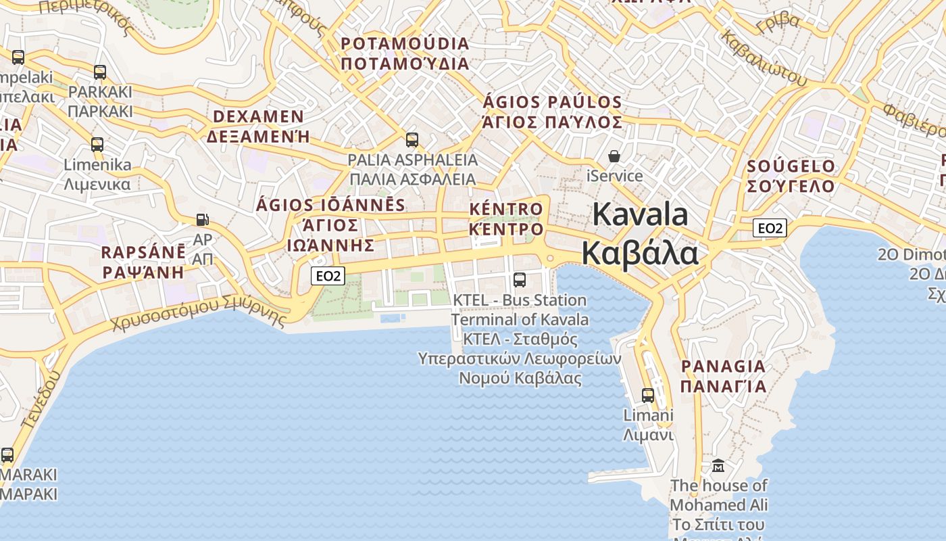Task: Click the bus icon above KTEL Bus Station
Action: click(520, 279)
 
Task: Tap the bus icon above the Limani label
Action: click(648, 396)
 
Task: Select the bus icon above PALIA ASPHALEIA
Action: click(412, 141)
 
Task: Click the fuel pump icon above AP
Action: click(202, 220)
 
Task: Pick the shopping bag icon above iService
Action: click(614, 157)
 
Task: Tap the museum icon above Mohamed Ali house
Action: click(718, 466)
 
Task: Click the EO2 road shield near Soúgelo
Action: click(770, 228)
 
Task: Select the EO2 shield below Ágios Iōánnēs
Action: click(328, 275)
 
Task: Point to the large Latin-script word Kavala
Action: click(640, 215)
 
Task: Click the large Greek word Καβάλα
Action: click(639, 254)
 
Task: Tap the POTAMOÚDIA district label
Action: click(405, 44)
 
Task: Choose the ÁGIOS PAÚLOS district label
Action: click(553, 103)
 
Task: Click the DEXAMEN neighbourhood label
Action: click(258, 117)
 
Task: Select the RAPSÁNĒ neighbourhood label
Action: click(143, 253)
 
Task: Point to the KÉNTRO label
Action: click(506, 210)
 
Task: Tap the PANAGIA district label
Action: click(723, 367)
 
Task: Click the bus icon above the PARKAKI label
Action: click(100, 72)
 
